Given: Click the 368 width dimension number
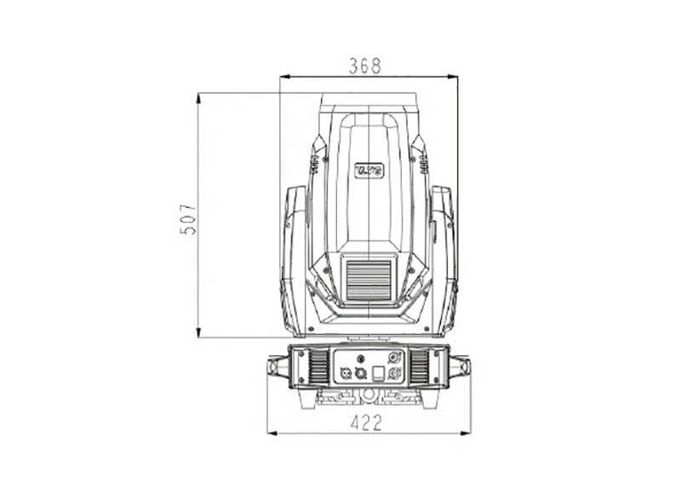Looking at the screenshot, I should (365, 66).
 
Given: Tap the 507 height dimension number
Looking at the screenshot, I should (188, 219).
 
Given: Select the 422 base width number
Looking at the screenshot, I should (367, 422).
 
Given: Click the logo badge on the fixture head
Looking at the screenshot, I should (369, 170).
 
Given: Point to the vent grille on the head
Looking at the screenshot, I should (369, 279).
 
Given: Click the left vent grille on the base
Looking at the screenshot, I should (318, 366).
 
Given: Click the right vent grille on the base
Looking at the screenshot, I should (419, 366).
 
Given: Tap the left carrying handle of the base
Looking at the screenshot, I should (277, 367).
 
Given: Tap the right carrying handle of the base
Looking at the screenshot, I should (460, 367).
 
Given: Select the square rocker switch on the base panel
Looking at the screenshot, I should (379, 371).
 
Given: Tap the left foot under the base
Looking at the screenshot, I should (307, 399).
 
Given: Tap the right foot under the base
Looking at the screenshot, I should (429, 399).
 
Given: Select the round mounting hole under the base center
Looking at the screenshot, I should (368, 395).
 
